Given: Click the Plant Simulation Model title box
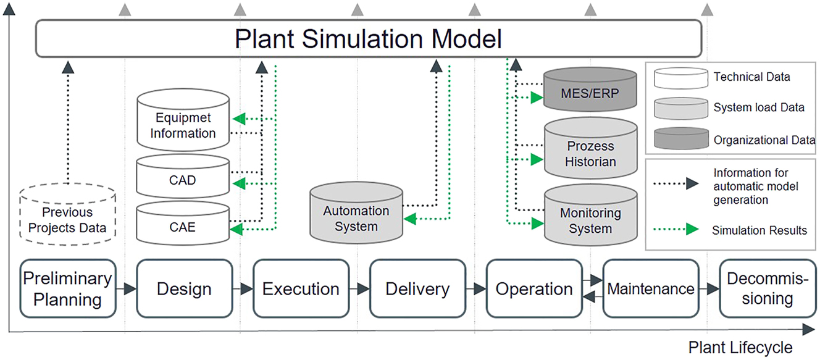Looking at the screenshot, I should tap(368, 39).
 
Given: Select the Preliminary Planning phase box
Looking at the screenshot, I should tap(68, 288).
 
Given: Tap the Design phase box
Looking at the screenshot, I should tap(184, 288).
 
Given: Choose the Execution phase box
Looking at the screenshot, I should tap(301, 288).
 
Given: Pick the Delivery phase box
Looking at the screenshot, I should tap(417, 288).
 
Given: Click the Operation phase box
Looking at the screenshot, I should tap(534, 288).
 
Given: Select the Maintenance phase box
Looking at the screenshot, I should tap(651, 288).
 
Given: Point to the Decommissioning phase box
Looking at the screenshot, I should tap(768, 288).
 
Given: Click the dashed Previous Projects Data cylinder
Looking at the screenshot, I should tap(67, 216).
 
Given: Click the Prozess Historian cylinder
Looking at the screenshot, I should tap(590, 151).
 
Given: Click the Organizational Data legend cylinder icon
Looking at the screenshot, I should tap(676, 139).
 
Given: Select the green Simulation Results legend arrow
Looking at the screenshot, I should tap(676, 230).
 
